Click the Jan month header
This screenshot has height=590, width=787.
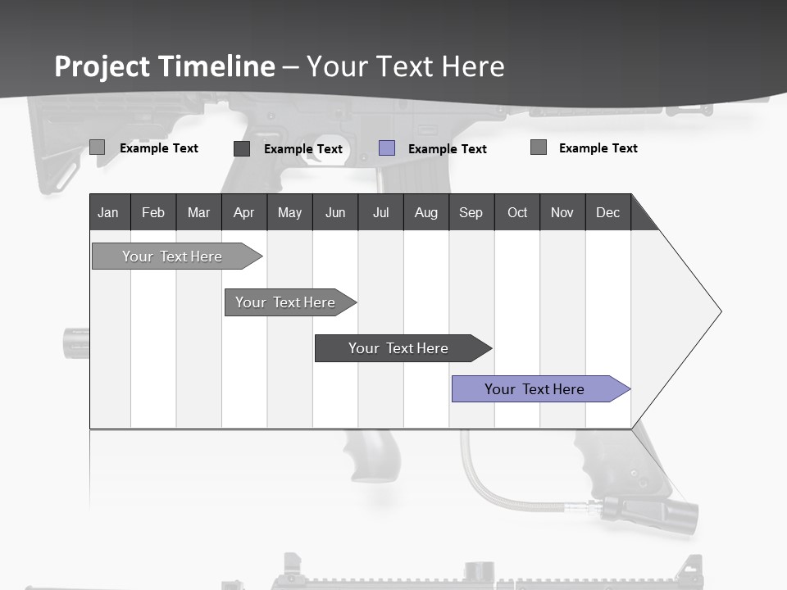coord(109,212)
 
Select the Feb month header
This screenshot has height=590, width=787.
coord(153,212)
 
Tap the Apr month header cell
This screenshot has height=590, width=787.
coord(243,212)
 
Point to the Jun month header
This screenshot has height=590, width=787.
coord(335,212)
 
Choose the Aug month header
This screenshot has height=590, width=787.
coord(425,212)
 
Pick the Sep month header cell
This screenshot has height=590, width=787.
coord(471,212)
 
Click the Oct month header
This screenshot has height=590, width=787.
coord(517,212)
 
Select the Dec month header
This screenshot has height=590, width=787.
coord(607,212)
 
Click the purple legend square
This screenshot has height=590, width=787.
coord(387,148)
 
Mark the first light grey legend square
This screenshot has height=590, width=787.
coord(97,147)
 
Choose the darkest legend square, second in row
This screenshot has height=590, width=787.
coord(242,148)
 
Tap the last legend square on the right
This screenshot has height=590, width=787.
coord(539,147)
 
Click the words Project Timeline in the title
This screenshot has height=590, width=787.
coord(165,66)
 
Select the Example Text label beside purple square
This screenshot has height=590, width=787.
coord(447,149)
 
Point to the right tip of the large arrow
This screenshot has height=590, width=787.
coord(720,311)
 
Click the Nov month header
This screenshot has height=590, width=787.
coord(562,212)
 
